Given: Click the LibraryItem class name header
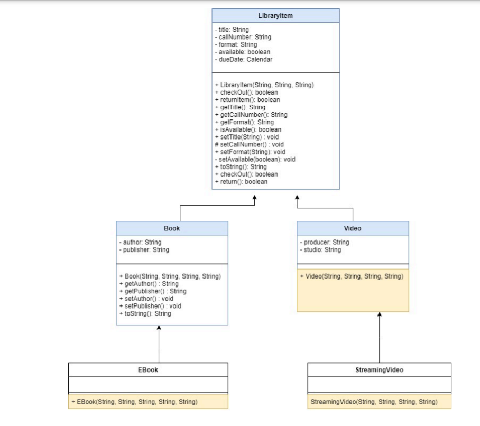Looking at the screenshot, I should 275,16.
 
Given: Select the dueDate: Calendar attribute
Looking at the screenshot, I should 244,60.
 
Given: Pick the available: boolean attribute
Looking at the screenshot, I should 243,52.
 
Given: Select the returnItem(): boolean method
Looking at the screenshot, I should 247,100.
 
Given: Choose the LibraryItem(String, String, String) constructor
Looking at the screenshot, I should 264,85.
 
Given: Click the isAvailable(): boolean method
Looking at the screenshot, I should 248,129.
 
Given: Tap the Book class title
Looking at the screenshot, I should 172,228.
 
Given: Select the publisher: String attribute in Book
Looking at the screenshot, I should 144,250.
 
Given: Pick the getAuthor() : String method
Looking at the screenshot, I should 149,284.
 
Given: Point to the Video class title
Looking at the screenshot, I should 353,228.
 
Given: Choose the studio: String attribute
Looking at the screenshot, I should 320,250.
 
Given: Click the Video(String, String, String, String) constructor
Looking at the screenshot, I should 351,276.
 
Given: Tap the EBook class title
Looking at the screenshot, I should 148,370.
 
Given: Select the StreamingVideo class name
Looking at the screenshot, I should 379,370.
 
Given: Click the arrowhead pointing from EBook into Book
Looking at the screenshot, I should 159,328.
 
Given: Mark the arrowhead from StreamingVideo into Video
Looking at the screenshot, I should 379,315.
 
